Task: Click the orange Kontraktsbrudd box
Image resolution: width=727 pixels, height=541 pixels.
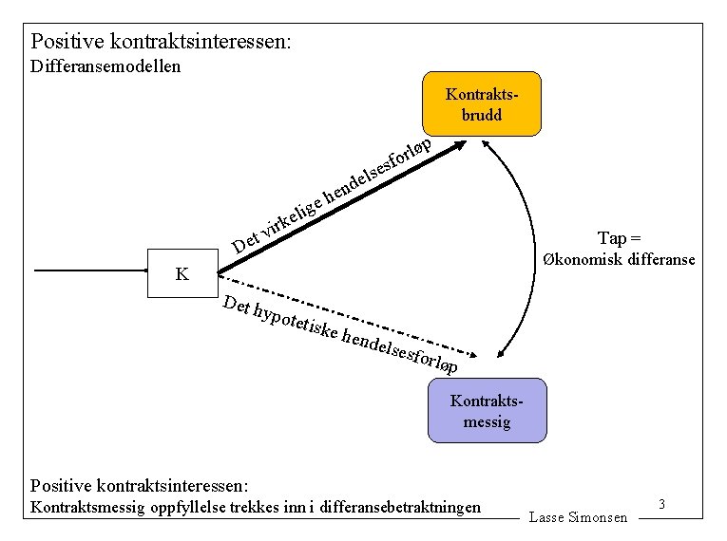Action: coord(481,103)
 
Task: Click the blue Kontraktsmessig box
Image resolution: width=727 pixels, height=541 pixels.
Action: coord(487,410)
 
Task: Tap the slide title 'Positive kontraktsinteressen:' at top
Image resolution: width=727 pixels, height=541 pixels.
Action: coord(162,42)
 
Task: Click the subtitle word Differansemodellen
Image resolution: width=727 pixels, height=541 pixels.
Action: coord(105,66)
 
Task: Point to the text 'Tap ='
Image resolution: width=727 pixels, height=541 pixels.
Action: coord(619,237)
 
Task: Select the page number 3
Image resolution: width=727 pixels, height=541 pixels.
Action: coord(660,505)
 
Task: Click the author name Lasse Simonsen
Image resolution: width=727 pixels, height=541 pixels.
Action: coord(578,517)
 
